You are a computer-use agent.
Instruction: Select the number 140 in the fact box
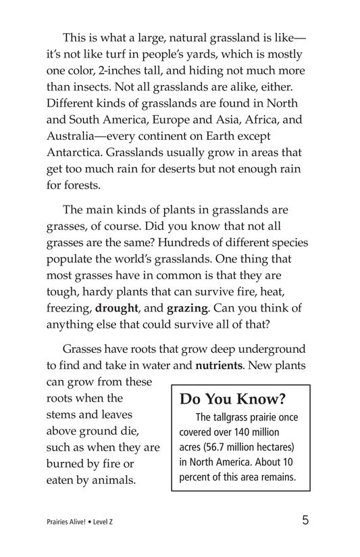pos(239,432)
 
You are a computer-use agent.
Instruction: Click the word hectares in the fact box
pos(272,447)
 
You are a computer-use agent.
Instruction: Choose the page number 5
pos(306,520)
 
